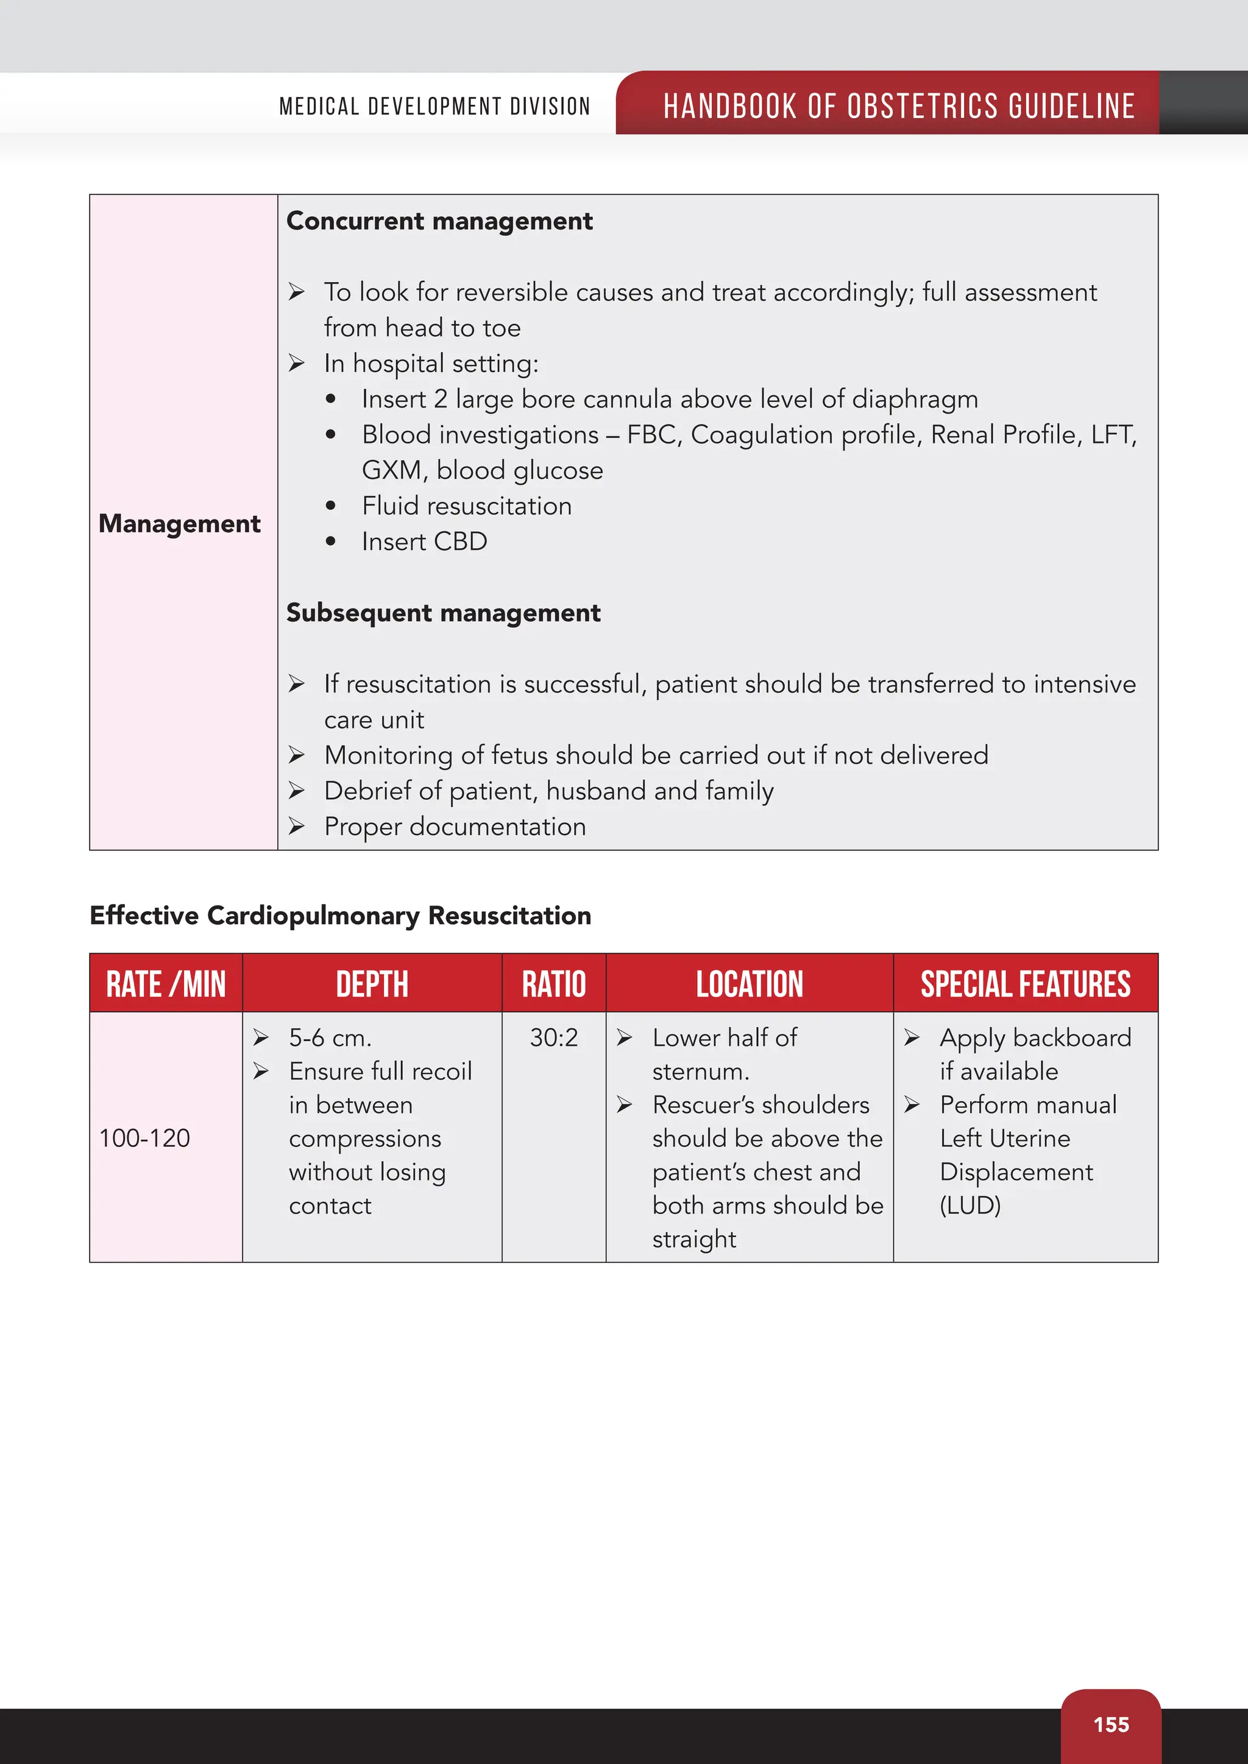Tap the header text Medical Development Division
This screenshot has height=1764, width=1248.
[434, 106]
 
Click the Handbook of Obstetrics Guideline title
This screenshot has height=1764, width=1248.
[898, 106]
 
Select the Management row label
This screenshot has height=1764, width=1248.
[179, 523]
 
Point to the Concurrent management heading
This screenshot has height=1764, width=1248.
[439, 221]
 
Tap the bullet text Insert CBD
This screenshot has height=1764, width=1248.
[424, 542]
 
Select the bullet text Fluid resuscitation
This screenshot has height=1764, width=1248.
[466, 506]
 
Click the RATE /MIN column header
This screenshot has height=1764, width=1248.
[166, 984]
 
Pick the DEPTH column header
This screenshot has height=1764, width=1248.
[372, 984]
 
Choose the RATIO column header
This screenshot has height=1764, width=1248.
[553, 984]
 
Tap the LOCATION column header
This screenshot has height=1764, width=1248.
[750, 984]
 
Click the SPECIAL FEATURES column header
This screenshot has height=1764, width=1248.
[1025, 984]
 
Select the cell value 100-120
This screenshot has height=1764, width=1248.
[144, 1138]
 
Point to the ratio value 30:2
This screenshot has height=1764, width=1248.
[553, 1038]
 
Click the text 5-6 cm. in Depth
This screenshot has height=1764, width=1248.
[330, 1038]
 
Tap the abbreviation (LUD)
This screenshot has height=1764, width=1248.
[970, 1205]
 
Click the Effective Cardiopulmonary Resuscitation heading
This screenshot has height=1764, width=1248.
[341, 916]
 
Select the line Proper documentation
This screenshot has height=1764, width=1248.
[455, 827]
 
